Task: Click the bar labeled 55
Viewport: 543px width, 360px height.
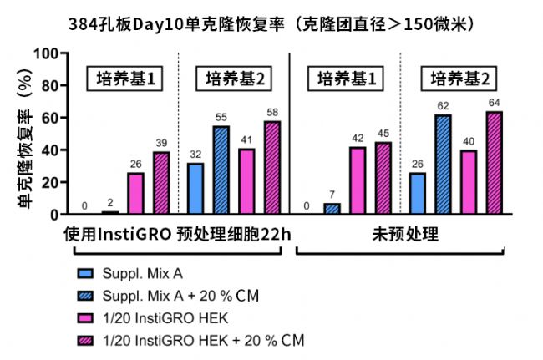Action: [x=221, y=170]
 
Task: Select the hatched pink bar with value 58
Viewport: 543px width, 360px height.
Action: [x=272, y=168]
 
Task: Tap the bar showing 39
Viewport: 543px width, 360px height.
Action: [x=160, y=183]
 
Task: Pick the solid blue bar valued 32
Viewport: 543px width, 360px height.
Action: [x=196, y=189]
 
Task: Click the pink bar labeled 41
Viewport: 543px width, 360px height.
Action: [x=246, y=181]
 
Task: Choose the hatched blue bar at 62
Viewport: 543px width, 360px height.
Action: [x=443, y=165]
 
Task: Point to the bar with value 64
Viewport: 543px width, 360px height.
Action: [x=494, y=163]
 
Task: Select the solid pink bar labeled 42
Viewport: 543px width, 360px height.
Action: [x=358, y=180]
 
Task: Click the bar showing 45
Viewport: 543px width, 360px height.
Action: [x=383, y=178]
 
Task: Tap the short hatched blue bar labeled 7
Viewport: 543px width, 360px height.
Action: [x=332, y=209]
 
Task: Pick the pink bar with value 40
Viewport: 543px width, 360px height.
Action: [x=468, y=182]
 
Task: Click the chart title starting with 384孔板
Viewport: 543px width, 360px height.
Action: [x=270, y=23]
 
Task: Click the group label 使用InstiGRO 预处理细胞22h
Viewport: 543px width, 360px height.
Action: [x=178, y=236]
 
